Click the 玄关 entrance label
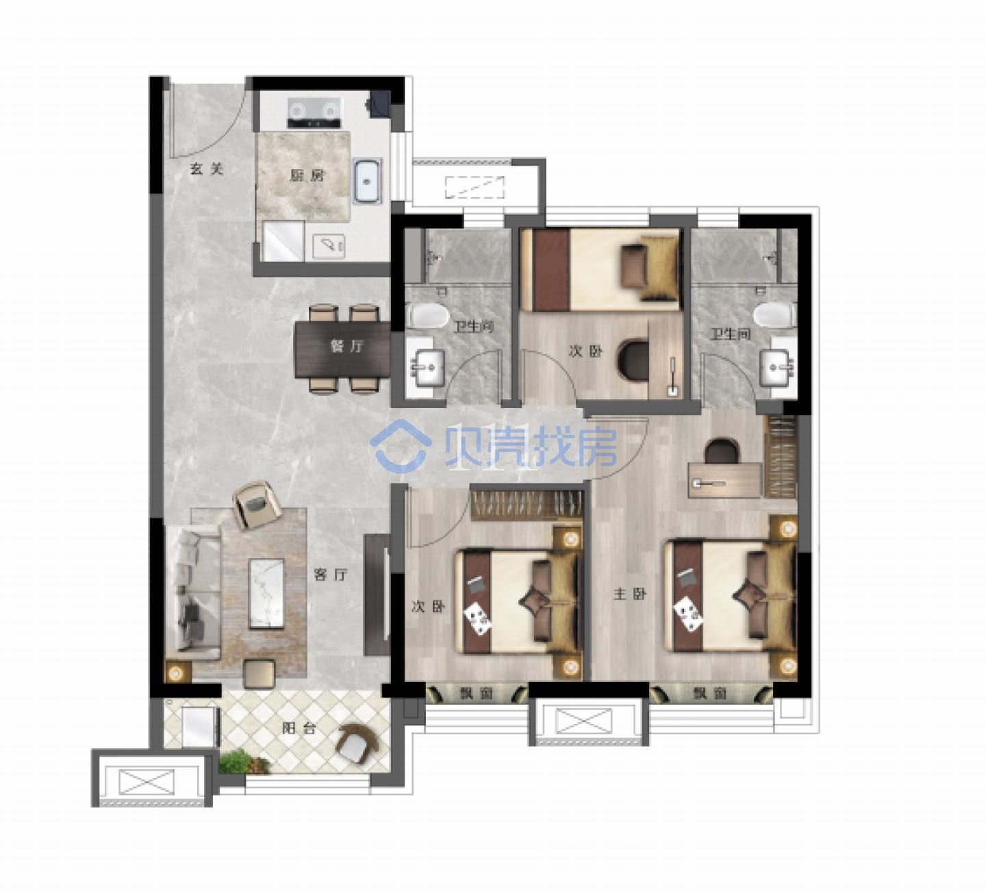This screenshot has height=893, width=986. point(207,168)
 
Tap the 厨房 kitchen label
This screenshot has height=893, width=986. point(307,175)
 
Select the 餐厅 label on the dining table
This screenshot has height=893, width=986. point(346,346)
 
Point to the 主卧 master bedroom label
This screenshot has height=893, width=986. point(630,594)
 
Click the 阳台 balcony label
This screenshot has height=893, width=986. point(299,728)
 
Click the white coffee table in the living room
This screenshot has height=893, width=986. point(267,594)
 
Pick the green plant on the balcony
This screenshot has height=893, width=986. point(244,763)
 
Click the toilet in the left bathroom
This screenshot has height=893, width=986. point(429,315)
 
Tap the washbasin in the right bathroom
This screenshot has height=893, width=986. point(778,367)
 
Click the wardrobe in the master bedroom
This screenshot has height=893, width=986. point(781,457)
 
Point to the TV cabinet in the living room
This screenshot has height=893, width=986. point(377,595)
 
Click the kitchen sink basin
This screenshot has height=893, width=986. point(368,181)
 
